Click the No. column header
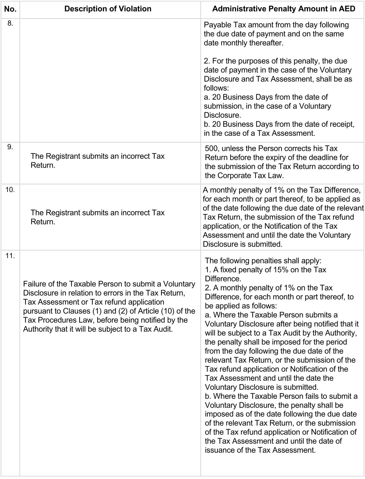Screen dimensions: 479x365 pos(10,9)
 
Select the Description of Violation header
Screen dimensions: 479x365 pos(108,9)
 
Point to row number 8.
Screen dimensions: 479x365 pos(10,23)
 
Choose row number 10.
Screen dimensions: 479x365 pos(10,190)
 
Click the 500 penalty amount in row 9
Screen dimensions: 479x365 pos(211,149)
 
